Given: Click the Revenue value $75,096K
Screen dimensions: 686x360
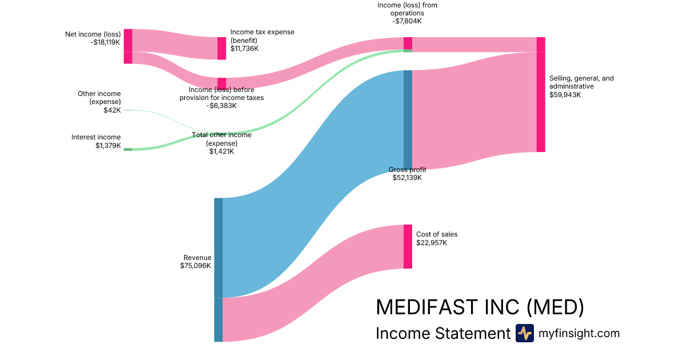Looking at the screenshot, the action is coord(196,266).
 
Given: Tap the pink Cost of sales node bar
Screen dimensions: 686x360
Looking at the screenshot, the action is coord(408,246).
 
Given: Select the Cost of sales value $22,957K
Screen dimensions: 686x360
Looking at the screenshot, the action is coord(432,243).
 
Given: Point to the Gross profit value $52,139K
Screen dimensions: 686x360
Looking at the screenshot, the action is coord(406,178).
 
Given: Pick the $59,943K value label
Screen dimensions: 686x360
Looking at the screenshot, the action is coord(565,95).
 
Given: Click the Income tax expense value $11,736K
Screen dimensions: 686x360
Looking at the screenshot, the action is coord(245,49).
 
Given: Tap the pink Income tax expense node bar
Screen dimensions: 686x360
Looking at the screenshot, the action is coord(222,48).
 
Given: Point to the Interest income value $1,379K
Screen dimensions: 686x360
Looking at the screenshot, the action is coord(108,146).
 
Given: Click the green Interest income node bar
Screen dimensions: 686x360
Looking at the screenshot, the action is coord(128,149).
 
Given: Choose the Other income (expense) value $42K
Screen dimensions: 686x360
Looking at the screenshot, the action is coord(112,110).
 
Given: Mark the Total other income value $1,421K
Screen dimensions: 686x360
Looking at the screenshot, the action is coord(221,151).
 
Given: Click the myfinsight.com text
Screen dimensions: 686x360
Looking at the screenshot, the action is coord(579,333).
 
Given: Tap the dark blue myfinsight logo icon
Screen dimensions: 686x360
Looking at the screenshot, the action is coord(524,333).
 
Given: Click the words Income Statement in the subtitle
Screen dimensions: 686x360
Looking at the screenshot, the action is coord(442,334).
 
